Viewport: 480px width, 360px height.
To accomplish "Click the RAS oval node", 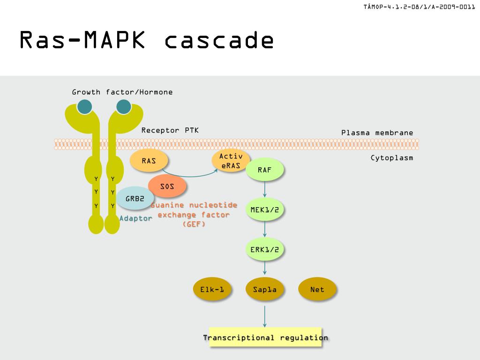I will click(x=149, y=161).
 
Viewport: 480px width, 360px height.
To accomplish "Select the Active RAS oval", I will click(x=231, y=161).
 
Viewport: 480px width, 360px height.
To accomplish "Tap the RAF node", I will click(x=265, y=170).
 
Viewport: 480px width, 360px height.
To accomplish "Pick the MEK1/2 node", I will click(x=265, y=210).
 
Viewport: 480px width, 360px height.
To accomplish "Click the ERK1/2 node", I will click(x=265, y=249).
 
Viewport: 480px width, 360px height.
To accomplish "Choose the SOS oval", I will click(x=167, y=186).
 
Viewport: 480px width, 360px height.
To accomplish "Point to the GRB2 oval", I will click(x=135, y=198).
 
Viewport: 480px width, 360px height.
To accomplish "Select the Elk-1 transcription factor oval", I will click(x=212, y=290).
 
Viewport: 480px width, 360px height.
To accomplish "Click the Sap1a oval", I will click(x=265, y=290).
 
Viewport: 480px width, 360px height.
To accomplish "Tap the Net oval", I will click(x=317, y=290).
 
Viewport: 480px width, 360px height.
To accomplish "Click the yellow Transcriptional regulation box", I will click(x=265, y=337).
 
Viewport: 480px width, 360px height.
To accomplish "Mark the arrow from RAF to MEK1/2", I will click(x=265, y=189).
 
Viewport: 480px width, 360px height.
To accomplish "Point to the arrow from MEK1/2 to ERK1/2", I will click(x=265, y=229).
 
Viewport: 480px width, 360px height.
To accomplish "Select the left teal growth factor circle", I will click(x=85, y=107).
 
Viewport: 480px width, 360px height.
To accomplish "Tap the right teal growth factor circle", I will click(x=124, y=107).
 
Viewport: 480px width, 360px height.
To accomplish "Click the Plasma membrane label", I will click(x=377, y=133).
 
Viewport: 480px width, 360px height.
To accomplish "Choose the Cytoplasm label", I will click(x=392, y=157).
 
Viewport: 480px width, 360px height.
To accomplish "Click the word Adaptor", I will click(x=136, y=218).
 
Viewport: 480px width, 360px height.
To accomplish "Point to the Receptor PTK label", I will click(x=170, y=130).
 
